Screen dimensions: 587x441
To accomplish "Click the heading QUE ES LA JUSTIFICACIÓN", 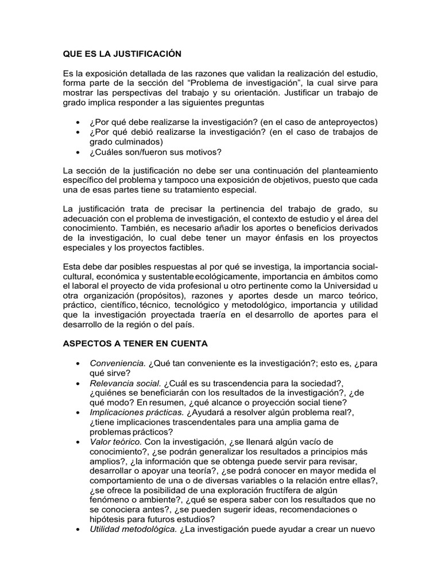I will [122, 54].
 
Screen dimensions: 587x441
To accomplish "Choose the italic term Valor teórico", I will [116, 442].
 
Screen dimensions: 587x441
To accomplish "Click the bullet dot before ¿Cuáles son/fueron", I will [78, 152].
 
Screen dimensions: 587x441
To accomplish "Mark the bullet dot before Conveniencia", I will [78, 364].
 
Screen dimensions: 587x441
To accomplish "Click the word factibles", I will [185, 247].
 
